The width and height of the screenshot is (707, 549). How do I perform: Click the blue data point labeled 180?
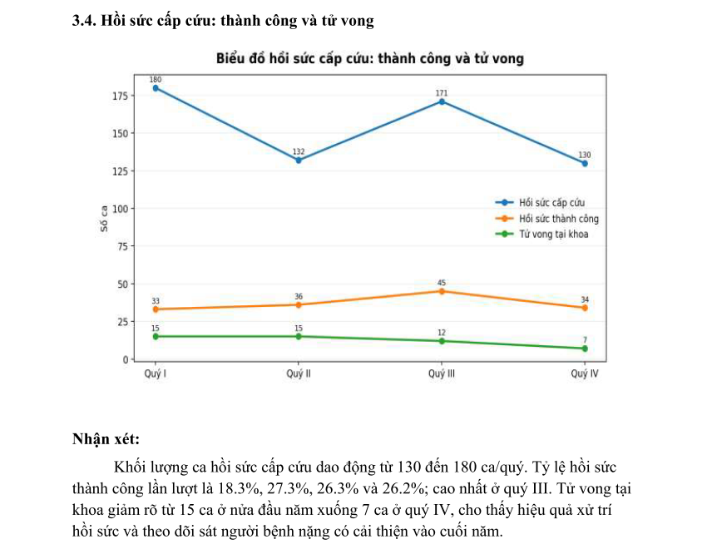coord(156,88)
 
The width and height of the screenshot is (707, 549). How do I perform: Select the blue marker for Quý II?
coord(299,160)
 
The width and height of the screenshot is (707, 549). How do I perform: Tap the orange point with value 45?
coord(442,291)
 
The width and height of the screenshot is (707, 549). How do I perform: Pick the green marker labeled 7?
coord(585,349)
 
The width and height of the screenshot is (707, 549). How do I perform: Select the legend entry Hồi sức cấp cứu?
coord(551,203)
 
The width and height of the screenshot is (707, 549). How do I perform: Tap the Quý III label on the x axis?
coord(442,374)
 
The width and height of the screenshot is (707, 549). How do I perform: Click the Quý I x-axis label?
coord(156,374)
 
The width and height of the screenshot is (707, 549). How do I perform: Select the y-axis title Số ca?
coord(104,219)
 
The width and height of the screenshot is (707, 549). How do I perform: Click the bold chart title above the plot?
coord(369,59)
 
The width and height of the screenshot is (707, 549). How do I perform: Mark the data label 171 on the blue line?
coord(442,92)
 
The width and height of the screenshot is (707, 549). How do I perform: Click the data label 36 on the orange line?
coord(299,296)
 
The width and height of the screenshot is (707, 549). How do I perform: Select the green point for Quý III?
coord(442,341)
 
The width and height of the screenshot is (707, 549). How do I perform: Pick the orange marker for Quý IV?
coord(585,308)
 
